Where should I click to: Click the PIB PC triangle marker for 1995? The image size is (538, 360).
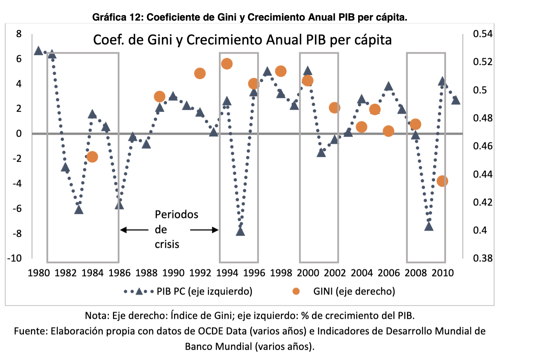[240, 232]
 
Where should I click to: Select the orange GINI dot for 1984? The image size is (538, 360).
[92, 157]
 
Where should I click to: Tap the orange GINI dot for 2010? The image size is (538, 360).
[442, 181]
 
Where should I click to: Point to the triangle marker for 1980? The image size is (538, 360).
[38, 51]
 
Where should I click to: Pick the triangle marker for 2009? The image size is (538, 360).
[429, 226]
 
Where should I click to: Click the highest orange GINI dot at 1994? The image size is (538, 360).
[227, 64]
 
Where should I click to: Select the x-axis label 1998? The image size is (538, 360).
[281, 273]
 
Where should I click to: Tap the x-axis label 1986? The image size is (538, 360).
[119, 273]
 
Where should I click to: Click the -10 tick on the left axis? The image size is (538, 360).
[14, 258]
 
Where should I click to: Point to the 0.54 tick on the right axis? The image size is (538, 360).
[482, 34]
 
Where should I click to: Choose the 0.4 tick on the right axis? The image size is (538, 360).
[480, 230]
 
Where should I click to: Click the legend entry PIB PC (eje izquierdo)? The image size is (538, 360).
[204, 291]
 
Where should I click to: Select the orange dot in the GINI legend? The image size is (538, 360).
[296, 291]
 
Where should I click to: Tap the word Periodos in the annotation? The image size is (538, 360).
[176, 215]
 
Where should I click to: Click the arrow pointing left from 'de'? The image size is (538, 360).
[134, 230]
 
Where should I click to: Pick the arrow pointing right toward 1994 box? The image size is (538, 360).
[205, 230]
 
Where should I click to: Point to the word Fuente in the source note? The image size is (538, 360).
[31, 331]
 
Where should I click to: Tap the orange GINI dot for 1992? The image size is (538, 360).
[199, 73]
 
